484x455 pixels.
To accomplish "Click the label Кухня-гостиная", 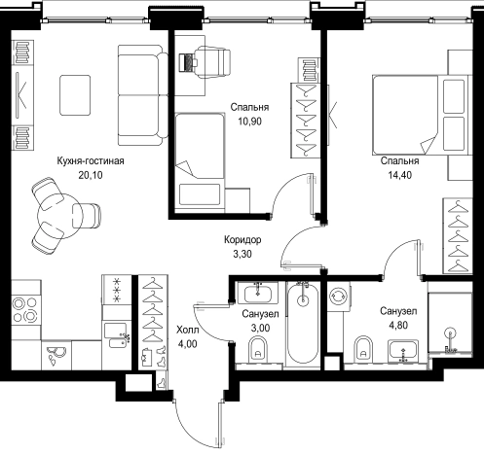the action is click(x=91, y=160).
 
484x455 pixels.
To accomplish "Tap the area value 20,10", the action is click(x=91, y=175).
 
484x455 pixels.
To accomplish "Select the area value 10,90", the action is click(x=249, y=122).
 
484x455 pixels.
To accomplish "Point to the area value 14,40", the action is click(x=400, y=175).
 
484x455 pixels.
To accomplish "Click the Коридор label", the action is click(x=242, y=240).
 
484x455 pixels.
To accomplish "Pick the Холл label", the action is click(x=188, y=331).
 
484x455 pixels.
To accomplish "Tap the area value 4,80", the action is click(x=398, y=325).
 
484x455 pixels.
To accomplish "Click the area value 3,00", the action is click(x=260, y=328).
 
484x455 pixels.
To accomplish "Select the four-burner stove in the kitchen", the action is click(x=24, y=309).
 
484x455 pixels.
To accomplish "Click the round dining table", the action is click(x=60, y=216).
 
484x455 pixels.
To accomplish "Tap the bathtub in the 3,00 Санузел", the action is click(x=303, y=324).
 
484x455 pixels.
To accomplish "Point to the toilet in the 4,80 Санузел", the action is click(x=363, y=349).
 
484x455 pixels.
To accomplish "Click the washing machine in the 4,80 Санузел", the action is click(x=339, y=297).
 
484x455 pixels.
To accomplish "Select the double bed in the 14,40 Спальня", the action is click(x=421, y=115).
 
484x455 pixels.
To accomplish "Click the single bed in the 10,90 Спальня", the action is click(x=200, y=162).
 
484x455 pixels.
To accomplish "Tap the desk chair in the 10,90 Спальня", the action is click(x=212, y=61).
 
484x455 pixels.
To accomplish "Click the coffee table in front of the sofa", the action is click(x=75, y=95).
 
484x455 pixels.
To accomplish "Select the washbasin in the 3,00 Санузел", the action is click(x=257, y=293).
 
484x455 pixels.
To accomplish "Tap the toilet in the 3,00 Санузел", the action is click(x=258, y=349).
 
